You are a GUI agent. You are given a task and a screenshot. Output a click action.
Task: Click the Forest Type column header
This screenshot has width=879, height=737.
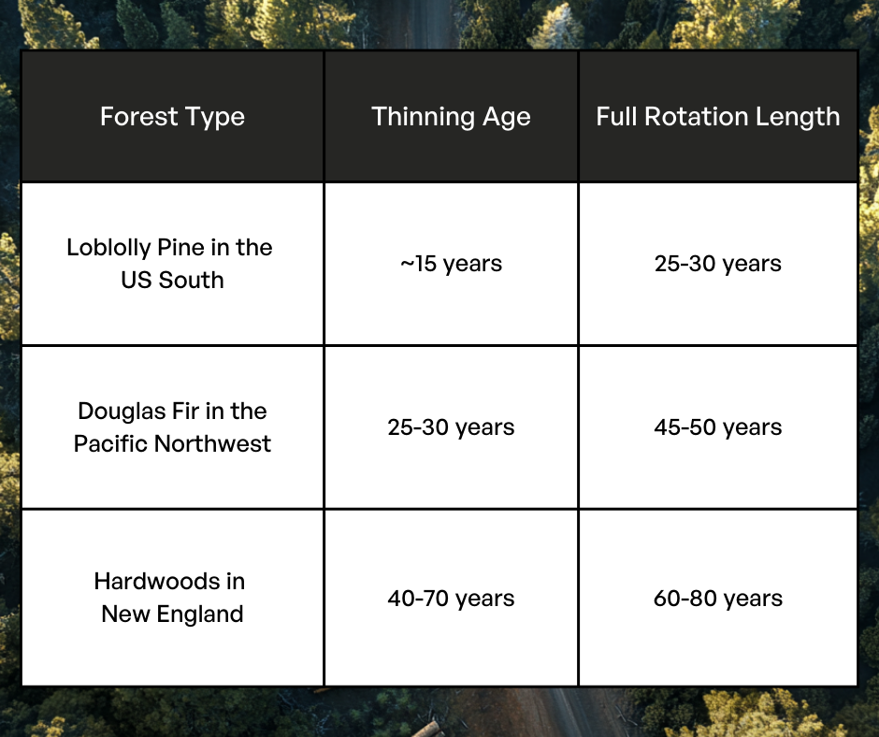pyautogui.click(x=172, y=117)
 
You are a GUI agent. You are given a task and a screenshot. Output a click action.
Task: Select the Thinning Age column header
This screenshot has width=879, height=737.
pyautogui.click(x=451, y=117)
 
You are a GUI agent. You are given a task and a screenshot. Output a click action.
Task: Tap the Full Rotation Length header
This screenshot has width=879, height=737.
pyautogui.click(x=717, y=117)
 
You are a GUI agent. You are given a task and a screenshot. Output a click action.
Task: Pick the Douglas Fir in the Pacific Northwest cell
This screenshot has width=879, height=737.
pyautogui.click(x=172, y=427)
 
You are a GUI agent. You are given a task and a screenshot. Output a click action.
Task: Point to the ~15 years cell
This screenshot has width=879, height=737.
pyautogui.click(x=451, y=264)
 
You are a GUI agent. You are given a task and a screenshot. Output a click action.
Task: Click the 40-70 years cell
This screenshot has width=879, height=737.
pyautogui.click(x=451, y=599)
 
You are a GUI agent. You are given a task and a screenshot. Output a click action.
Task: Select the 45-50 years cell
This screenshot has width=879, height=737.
pyautogui.click(x=717, y=427)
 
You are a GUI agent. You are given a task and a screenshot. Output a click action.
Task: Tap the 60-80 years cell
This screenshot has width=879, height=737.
pyautogui.click(x=717, y=599)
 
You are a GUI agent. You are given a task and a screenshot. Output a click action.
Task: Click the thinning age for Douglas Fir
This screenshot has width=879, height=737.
pyautogui.click(x=451, y=427)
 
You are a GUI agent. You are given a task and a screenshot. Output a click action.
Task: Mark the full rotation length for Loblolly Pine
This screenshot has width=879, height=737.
pyautogui.click(x=717, y=264)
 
